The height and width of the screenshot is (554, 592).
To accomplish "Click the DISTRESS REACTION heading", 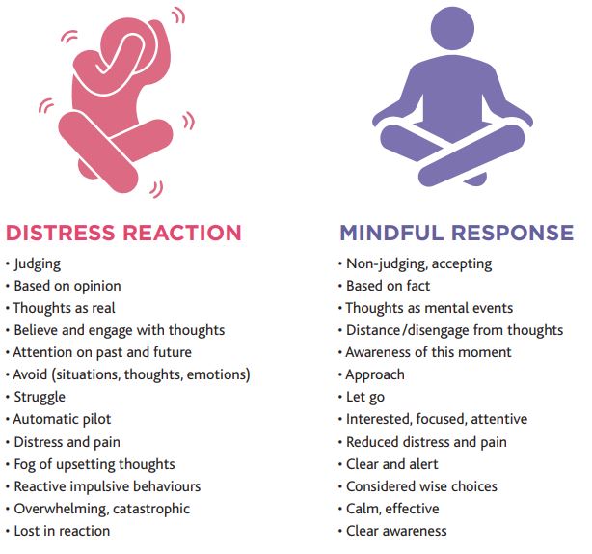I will pos(123,233).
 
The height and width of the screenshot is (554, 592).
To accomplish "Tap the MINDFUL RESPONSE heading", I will pos(456,233).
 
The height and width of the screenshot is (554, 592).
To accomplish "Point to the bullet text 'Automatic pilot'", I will pos(62,419).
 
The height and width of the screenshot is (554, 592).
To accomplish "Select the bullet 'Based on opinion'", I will pos(67,286).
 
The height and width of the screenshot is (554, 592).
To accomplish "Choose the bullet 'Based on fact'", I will pos(388,286).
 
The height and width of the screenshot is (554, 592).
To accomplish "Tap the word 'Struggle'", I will pos(40,397).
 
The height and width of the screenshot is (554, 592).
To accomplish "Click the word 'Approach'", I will pos(375,374).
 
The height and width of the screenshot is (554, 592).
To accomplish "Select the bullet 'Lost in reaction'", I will pos(62,530).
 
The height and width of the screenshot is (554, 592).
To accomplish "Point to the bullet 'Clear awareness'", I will pos(396,530).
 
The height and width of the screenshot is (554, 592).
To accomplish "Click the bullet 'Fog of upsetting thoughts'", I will pos(94,463).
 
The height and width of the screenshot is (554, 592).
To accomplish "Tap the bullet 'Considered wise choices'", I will pos(421,485).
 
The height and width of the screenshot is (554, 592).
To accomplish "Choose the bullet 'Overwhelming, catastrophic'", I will pos(101,508).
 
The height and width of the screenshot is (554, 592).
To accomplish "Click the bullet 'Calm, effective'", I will pos(392,508).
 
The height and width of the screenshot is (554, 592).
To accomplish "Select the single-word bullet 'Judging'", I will pos(38,263).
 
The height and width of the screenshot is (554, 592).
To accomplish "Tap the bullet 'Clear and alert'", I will pos(392,463).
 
